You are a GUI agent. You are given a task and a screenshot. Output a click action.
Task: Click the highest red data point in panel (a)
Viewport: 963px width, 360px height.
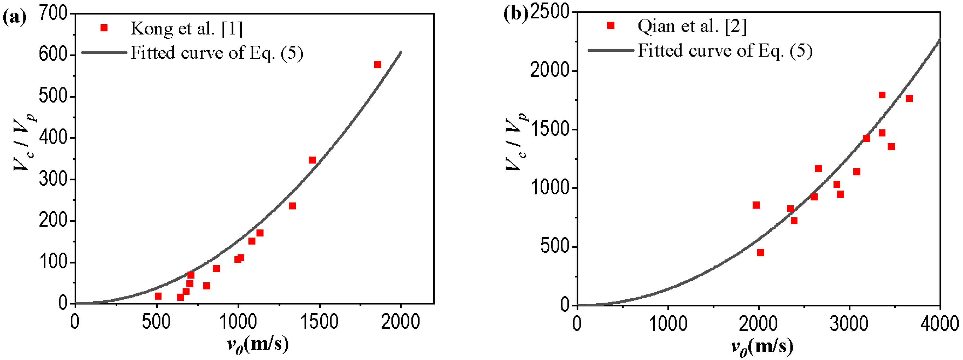(377, 65)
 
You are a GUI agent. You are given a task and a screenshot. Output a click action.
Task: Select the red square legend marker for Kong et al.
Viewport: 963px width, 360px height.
(104, 28)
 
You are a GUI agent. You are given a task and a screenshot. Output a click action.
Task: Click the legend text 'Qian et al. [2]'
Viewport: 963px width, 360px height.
(692, 27)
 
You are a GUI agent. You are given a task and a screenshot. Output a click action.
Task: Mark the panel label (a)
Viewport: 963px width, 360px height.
(14, 17)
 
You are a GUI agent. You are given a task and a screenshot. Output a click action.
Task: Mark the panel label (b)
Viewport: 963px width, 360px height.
(516, 14)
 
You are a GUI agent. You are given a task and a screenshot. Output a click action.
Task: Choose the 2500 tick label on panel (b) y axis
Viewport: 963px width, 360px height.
(549, 12)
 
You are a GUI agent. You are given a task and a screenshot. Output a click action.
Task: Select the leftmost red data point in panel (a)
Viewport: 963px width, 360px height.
(158, 296)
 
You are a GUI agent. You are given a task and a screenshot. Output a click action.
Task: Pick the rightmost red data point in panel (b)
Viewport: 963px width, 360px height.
(909, 99)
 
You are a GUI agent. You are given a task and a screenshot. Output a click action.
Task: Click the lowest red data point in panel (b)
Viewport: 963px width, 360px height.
(760, 253)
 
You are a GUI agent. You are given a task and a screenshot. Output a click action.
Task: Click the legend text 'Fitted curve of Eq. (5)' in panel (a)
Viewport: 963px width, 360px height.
(217, 53)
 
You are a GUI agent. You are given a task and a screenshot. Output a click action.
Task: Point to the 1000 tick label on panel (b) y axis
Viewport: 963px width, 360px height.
(549, 188)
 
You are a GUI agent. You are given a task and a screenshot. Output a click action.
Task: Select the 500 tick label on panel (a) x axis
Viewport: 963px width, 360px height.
(157, 321)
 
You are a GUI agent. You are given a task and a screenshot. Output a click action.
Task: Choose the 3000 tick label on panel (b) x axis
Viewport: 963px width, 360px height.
(849, 323)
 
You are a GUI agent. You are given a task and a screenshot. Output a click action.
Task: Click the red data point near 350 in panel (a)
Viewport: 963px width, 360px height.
(312, 160)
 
